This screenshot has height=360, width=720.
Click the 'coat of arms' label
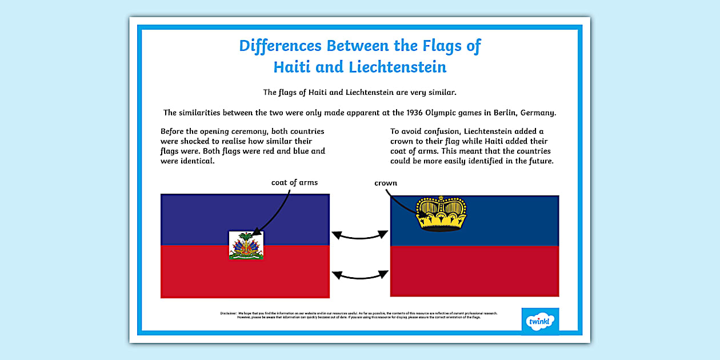294,182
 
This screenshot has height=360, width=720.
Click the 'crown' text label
386,183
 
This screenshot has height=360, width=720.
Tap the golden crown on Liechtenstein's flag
441,213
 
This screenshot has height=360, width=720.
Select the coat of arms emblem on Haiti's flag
246,245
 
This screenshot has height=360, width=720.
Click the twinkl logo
540,322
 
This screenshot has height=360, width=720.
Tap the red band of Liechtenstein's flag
474,271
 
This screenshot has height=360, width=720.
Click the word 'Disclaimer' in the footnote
228,313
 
